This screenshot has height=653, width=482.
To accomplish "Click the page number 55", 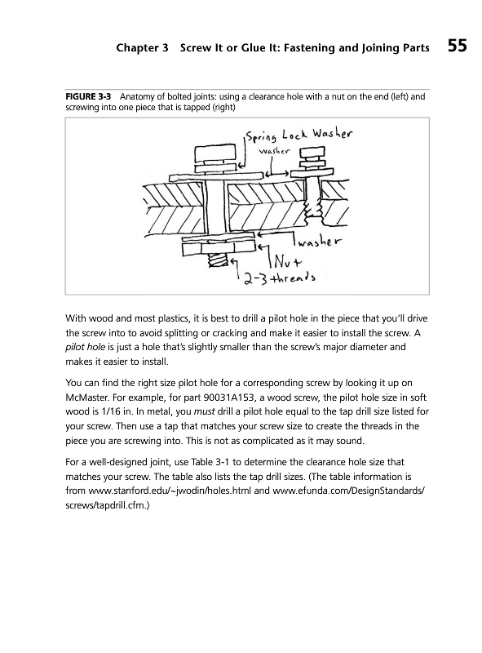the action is (458, 46).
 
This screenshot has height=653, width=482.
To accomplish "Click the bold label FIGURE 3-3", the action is (88, 97).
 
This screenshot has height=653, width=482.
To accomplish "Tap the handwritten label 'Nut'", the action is (288, 261).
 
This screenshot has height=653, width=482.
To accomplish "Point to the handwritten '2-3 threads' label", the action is (279, 277).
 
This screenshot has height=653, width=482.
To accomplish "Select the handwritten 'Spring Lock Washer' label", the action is (298, 135).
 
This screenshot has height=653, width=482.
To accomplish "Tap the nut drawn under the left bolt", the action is (218, 250).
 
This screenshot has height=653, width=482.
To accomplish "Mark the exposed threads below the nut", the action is (216, 261).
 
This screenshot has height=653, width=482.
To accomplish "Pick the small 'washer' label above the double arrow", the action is (273, 151).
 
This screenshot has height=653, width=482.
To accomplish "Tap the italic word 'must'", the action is (205, 412).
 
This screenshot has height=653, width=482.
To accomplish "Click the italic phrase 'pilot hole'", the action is (86, 348).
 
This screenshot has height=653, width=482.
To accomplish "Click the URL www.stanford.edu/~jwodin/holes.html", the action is (170, 491).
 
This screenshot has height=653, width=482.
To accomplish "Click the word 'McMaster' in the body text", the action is (85, 398).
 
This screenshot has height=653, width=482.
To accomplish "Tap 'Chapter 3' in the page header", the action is (143, 48).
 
